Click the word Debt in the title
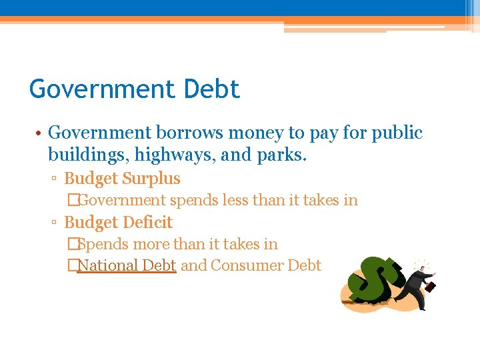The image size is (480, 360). click(210, 89)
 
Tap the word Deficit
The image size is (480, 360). click(147, 223)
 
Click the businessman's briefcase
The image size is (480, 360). click(431, 287)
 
